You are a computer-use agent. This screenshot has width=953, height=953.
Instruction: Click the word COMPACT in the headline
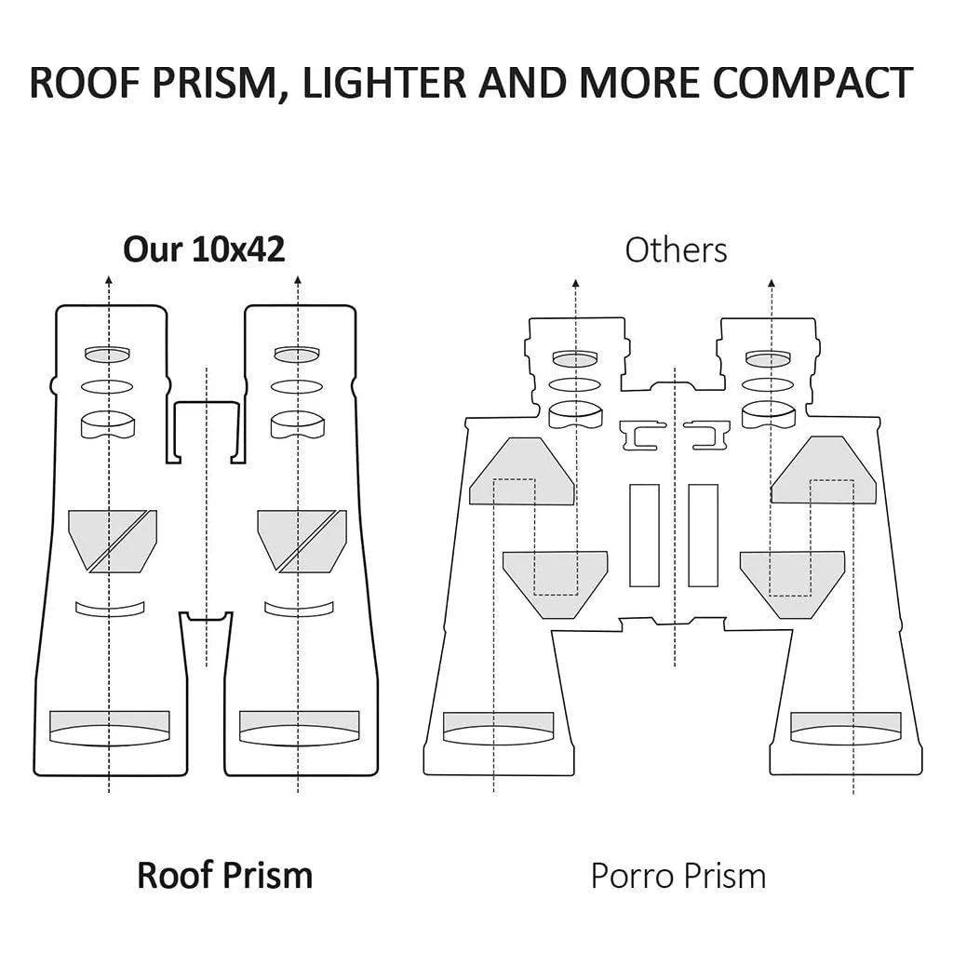pos(813,82)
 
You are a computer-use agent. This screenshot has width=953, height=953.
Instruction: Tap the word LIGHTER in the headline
pos(383,82)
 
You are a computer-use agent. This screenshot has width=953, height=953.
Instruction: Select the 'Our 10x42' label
pos(204,249)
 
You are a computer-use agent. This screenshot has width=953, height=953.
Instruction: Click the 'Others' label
pos(676,249)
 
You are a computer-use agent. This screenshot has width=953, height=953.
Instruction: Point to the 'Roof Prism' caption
pos(225,876)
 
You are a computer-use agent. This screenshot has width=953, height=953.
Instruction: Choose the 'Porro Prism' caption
pos(678,876)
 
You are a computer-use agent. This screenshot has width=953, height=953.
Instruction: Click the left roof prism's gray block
pos(113,541)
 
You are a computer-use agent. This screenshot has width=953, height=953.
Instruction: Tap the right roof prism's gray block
pos(302,541)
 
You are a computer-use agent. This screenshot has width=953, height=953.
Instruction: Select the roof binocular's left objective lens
pos(110,728)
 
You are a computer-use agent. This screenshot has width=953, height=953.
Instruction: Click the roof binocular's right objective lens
pos(299,728)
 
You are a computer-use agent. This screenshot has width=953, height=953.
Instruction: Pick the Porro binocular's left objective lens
pos(499,728)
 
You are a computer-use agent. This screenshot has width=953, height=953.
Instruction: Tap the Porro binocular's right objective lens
pos(846,728)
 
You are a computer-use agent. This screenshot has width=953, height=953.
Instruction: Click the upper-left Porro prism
pos(521,471)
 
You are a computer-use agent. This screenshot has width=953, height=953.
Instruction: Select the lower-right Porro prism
pos(793,584)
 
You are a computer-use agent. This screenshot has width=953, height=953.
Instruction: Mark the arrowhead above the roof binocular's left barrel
pos(109,280)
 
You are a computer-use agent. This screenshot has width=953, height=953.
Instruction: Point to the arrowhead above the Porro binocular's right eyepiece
pos(772,283)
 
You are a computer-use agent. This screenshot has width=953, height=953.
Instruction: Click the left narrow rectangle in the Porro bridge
pos(644,535)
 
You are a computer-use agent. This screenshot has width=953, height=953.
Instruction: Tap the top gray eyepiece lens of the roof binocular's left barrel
pos(108,354)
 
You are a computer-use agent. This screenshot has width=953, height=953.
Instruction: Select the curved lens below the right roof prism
pos(299,609)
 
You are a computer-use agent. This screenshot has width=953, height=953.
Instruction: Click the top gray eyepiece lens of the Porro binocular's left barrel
pos(575,359)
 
